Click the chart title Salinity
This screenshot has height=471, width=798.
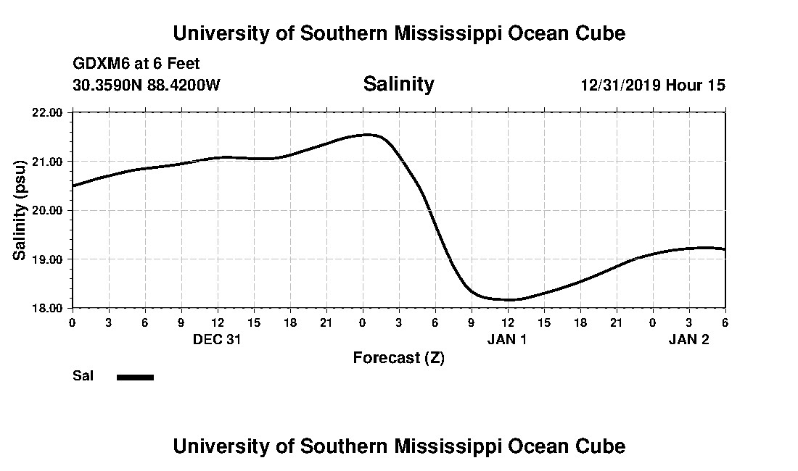tap(398, 84)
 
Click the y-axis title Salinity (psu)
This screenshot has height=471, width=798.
tap(20, 210)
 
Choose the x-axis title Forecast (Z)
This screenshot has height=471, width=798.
tap(398, 357)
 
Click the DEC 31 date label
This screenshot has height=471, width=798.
tap(217, 338)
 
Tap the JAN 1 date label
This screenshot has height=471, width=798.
tap(507, 338)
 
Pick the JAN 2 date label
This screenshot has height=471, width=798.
tap(688, 338)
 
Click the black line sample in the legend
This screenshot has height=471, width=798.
tap(135, 377)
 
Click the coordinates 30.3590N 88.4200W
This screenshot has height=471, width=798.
tap(147, 85)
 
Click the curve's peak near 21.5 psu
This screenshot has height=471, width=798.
tap(368, 134)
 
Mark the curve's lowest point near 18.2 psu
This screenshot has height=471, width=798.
tap(510, 299)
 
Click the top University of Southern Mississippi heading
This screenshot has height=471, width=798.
tap(398, 33)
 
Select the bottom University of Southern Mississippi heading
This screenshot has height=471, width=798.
tap(398, 446)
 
